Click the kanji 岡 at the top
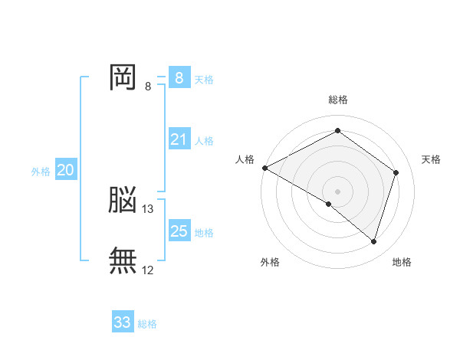click(123, 77)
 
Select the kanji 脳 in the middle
click(123, 201)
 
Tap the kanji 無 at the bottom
click(123, 260)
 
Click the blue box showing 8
click(179, 78)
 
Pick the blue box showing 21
click(179, 139)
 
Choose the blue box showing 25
click(179, 231)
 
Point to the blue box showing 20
click(65, 170)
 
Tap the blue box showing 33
click(122, 322)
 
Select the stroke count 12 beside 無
click(148, 270)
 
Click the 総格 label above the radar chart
click(337, 100)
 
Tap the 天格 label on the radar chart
click(431, 159)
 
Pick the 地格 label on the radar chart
click(402, 262)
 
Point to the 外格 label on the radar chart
click(270, 262)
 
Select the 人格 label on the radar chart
click(245, 159)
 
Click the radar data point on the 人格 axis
click(264, 168)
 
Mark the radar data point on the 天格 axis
click(396, 172)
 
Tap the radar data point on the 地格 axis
click(373, 241)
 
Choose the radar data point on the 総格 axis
click(337, 131)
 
